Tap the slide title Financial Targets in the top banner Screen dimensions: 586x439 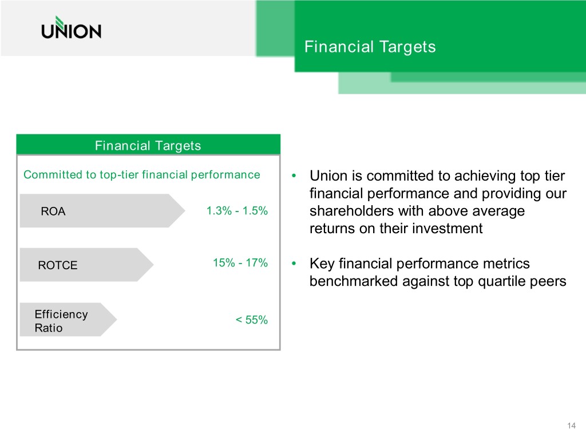tap(370, 47)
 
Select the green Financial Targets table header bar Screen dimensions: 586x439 tap(148, 145)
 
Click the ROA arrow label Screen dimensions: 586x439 tap(102, 211)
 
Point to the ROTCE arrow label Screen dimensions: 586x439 tap(87, 265)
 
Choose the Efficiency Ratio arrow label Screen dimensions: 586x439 tap(69, 320)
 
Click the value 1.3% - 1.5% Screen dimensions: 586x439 tap(237, 211)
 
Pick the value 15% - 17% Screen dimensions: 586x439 tap(240, 263)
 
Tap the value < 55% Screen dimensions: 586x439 tap(252, 320)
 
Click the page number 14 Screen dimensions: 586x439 tap(572, 425)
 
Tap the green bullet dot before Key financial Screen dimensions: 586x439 tap(294, 264)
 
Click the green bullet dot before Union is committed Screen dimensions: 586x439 tap(294, 175)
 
